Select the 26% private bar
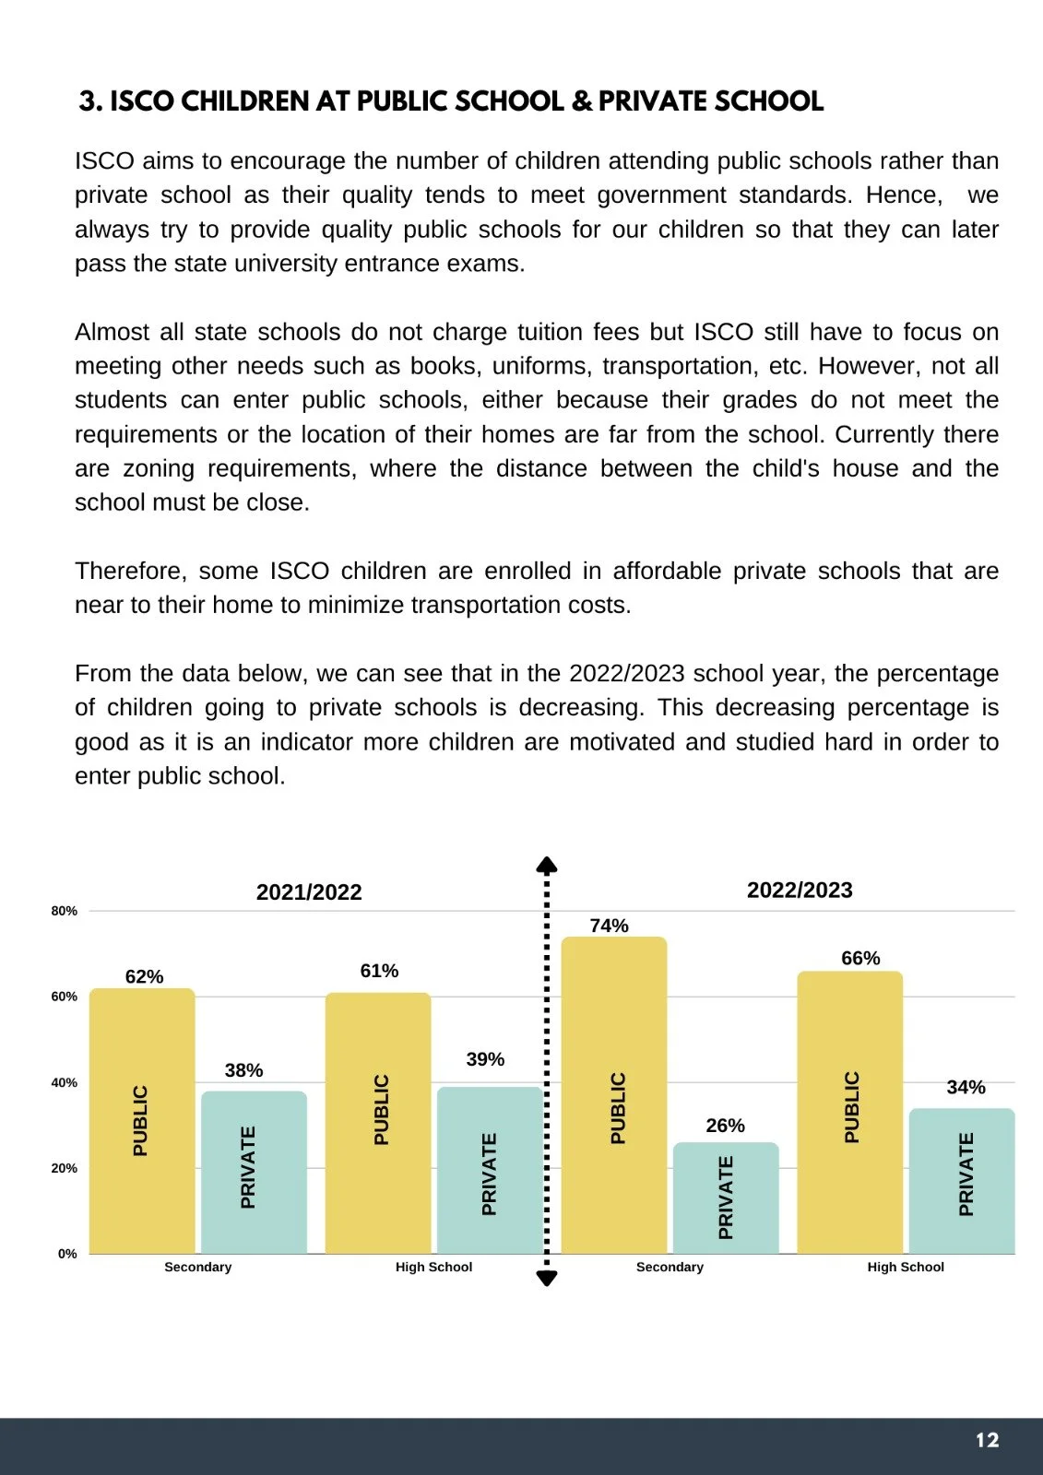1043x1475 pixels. point(726,1198)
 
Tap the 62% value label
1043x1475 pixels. point(145,976)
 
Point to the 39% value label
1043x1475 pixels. point(485,1059)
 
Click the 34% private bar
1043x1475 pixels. point(962,1181)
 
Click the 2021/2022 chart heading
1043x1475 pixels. point(309,891)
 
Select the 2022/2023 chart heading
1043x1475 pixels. point(800,890)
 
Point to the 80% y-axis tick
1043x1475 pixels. point(65,911)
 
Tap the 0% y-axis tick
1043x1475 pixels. point(67,1254)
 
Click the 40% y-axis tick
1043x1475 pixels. point(65,1082)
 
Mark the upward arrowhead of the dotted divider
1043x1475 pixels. point(547,865)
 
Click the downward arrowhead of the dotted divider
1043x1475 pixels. point(547,1278)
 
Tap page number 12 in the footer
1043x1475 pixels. point(987,1440)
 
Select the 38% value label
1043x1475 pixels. point(244,1070)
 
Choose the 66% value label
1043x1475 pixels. point(860,958)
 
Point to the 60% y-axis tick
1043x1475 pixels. point(65,997)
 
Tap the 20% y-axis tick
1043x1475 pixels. point(65,1168)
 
